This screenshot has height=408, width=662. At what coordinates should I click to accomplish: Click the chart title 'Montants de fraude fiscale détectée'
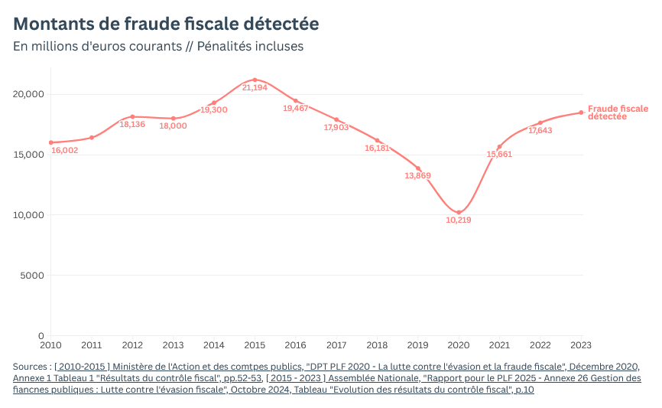[166, 24]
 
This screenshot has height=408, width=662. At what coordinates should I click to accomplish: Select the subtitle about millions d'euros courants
[158, 46]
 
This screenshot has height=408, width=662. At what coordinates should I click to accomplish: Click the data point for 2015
[255, 80]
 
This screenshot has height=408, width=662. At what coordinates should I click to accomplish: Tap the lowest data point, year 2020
[459, 212]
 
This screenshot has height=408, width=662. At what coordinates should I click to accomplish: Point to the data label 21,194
[255, 88]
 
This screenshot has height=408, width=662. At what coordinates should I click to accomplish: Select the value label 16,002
[65, 150]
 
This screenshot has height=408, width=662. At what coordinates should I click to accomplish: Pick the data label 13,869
[418, 176]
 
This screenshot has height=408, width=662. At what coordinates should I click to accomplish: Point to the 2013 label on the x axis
[173, 345]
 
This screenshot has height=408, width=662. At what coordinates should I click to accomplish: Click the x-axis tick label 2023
[581, 345]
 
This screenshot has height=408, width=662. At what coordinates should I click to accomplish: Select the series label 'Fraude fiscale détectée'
[617, 113]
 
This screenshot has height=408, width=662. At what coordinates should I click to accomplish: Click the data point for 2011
[92, 138]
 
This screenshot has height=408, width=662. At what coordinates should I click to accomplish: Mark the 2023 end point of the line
[581, 113]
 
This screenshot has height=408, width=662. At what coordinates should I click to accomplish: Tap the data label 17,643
[540, 131]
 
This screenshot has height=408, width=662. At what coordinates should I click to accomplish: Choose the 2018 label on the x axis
[377, 345]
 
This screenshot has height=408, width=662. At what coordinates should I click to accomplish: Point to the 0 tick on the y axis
[41, 336]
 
